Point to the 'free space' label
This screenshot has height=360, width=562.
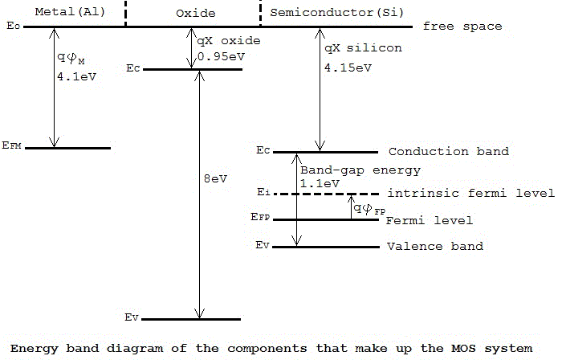click(x=462, y=27)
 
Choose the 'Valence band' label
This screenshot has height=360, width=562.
click(x=434, y=246)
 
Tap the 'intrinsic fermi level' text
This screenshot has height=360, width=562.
click(x=470, y=194)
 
